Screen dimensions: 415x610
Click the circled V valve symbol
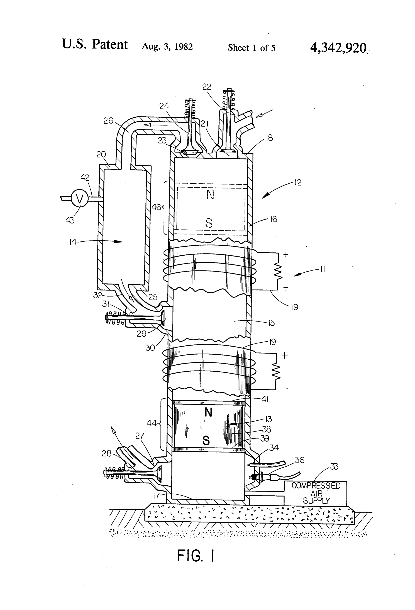[79, 199]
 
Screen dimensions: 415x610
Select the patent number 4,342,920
[338, 48]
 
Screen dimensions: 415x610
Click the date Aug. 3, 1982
[167, 47]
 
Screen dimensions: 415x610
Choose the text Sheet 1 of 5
[252, 48]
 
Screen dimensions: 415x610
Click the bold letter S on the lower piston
[206, 441]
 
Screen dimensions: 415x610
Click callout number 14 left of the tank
[73, 242]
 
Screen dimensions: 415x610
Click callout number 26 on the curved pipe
[108, 121]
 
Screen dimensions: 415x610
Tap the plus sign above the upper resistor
[286, 254]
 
